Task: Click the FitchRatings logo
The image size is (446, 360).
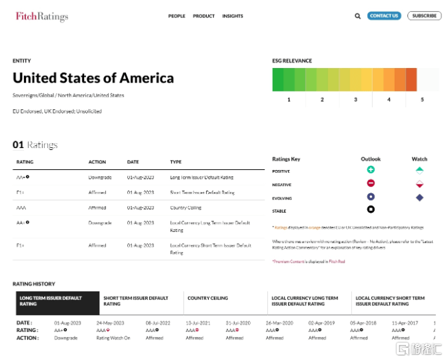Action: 41,16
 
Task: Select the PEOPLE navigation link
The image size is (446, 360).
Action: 177,16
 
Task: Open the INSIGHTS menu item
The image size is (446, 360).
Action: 233,16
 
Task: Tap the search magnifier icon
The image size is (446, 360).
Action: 357,16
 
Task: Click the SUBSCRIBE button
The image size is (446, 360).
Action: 424,16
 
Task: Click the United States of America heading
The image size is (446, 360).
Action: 93,78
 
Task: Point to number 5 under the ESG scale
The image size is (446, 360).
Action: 422,99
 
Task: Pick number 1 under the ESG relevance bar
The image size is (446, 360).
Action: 289,99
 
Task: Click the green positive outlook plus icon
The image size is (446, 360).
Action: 371,171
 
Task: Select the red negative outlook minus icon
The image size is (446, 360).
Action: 371,183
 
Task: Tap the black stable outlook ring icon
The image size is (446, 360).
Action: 371,209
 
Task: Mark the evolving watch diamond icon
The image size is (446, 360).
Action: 419,197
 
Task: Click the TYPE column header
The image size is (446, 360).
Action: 176,162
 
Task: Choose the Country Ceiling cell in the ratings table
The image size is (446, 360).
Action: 187,208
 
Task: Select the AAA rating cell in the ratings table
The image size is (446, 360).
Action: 21,208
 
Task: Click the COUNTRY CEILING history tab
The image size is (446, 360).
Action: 208,298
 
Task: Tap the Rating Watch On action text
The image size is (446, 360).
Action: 113,338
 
